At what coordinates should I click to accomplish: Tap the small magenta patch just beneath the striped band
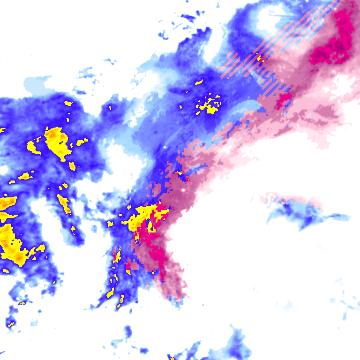click(x=284, y=99)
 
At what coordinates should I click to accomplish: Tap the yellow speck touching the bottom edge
click(x=172, y=359)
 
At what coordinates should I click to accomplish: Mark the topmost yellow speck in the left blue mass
click(x=69, y=103)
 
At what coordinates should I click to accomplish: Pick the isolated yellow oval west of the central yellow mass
click(x=111, y=224)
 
